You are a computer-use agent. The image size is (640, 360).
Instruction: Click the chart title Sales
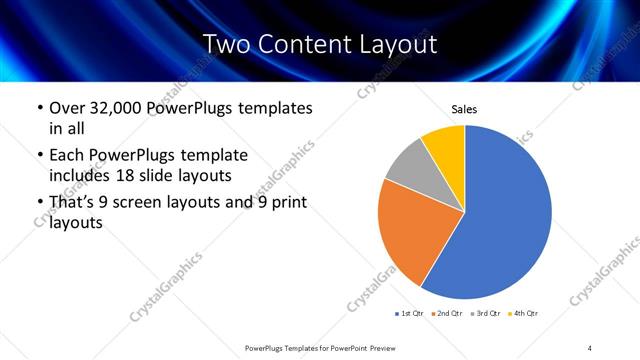465,109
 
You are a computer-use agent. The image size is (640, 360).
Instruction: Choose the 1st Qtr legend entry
410,314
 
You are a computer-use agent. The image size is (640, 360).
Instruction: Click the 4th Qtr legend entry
523,314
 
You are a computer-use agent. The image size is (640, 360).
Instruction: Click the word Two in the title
225,44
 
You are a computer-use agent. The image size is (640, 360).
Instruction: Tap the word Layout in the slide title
394,44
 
